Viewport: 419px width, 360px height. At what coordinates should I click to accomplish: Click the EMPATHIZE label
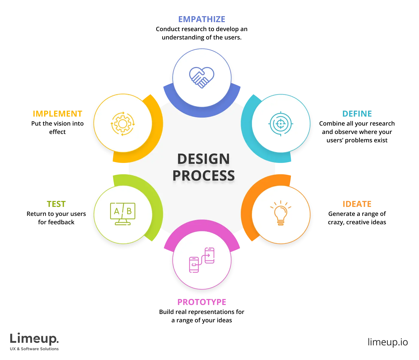pyautogui.click(x=201, y=19)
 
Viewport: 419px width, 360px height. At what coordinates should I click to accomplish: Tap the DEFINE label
pyautogui.click(x=357, y=114)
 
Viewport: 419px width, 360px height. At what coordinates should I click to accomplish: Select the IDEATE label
pyautogui.click(x=356, y=204)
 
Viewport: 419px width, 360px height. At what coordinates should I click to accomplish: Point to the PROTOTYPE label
pyautogui.click(x=202, y=302)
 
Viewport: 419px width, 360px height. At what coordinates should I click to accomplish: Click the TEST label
pyautogui.click(x=56, y=204)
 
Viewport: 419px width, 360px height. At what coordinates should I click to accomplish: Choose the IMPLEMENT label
pyautogui.click(x=57, y=114)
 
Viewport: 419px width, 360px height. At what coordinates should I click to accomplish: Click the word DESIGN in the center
pyautogui.click(x=204, y=159)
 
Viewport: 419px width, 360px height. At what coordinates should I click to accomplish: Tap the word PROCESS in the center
pyautogui.click(x=204, y=176)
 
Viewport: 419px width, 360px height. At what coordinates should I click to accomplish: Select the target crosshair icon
pyautogui.click(x=280, y=123)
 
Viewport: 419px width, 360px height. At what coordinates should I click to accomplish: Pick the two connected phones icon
pyautogui.click(x=202, y=260)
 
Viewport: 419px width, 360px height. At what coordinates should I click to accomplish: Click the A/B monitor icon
pyautogui.click(x=123, y=213)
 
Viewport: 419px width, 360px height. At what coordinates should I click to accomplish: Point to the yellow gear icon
pyautogui.click(x=123, y=123)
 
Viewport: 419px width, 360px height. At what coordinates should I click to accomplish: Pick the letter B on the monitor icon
pyautogui.click(x=129, y=211)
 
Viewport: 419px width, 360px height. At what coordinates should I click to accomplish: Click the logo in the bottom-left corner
pyautogui.click(x=35, y=341)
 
